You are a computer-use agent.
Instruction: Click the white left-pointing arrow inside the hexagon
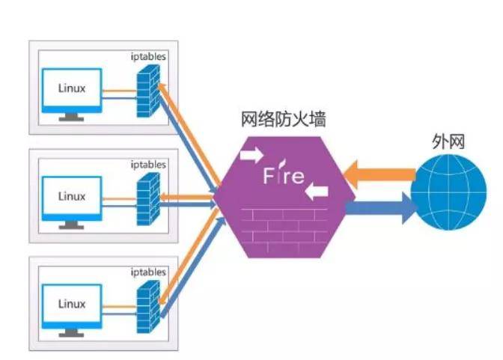point(317,192)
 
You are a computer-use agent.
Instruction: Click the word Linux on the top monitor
point(72,88)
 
